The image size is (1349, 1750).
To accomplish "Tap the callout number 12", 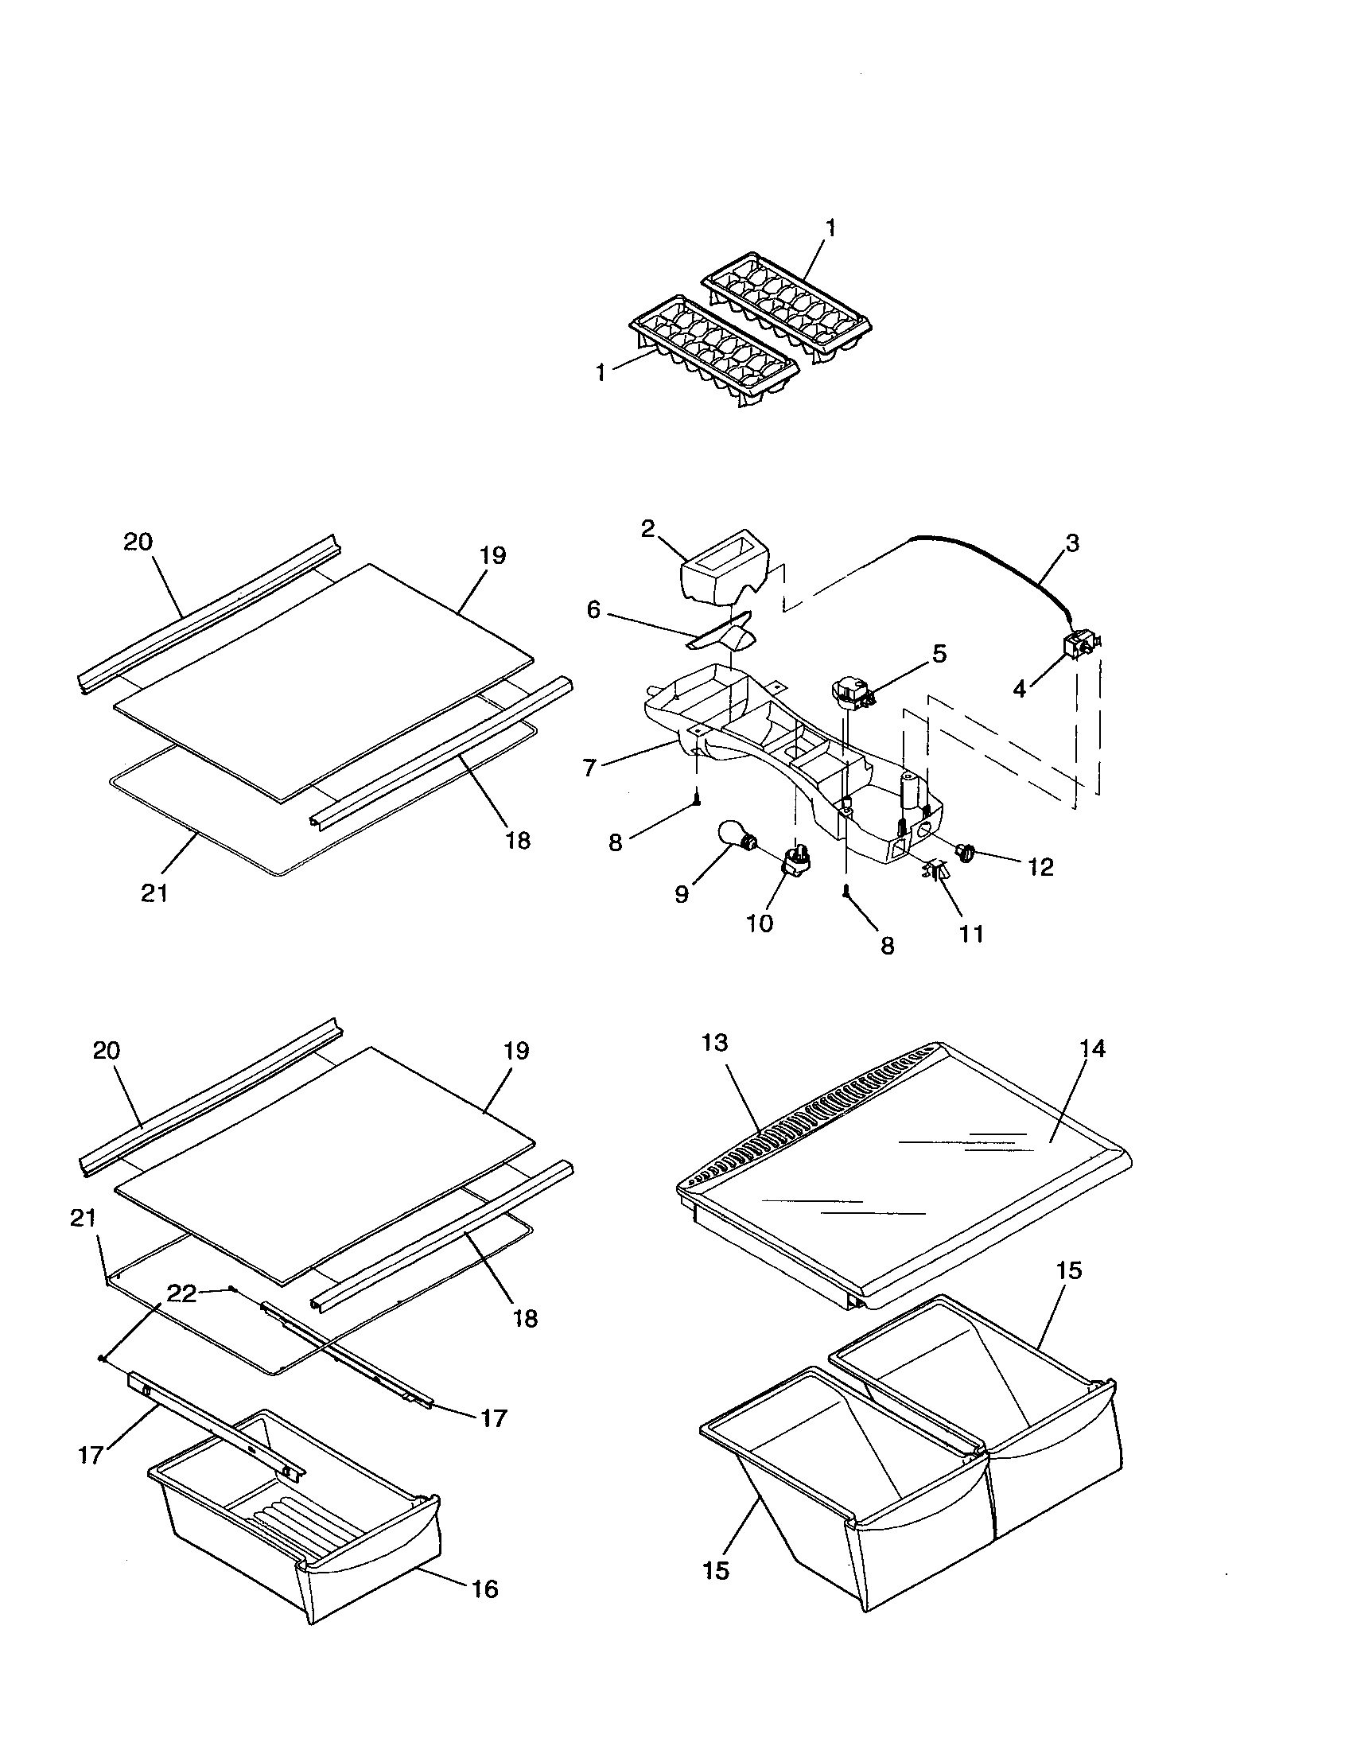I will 1040,867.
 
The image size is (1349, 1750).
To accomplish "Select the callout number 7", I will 590,768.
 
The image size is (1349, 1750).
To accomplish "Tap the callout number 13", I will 714,1043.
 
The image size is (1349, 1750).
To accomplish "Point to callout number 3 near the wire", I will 1072,542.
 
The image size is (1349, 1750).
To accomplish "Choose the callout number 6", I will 593,610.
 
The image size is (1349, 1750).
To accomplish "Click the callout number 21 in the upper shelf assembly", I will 154,893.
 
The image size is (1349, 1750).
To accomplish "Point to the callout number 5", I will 939,653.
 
